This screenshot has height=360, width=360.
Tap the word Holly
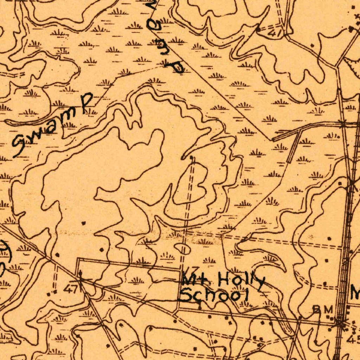[x=241, y=281]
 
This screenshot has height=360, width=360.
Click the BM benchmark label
[x=323, y=309]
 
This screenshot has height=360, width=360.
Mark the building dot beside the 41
[x=258, y=30]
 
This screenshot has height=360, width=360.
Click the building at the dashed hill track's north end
[x=191, y=158]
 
